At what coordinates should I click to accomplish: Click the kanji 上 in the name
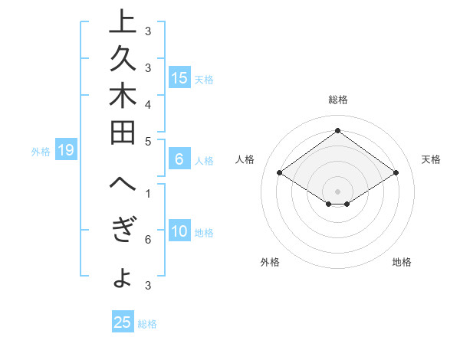pyautogui.click(x=121, y=24)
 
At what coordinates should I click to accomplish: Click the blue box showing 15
pyautogui.click(x=179, y=78)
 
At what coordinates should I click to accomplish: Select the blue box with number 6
pyautogui.click(x=179, y=159)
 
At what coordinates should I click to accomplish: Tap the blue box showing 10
pyautogui.click(x=179, y=232)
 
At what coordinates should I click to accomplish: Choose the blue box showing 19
pyautogui.click(x=66, y=150)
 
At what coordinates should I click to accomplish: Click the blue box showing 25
pyautogui.click(x=123, y=322)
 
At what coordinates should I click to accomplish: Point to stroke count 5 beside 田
pyautogui.click(x=148, y=141)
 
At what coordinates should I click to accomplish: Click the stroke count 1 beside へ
pyautogui.click(x=148, y=194)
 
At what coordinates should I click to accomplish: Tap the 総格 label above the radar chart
pyautogui.click(x=337, y=100)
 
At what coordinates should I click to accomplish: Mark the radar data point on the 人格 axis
pyautogui.click(x=280, y=173)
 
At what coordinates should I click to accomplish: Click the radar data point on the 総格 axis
pyautogui.click(x=337, y=130)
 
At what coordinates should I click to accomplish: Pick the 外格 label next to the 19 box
pyautogui.click(x=41, y=151)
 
